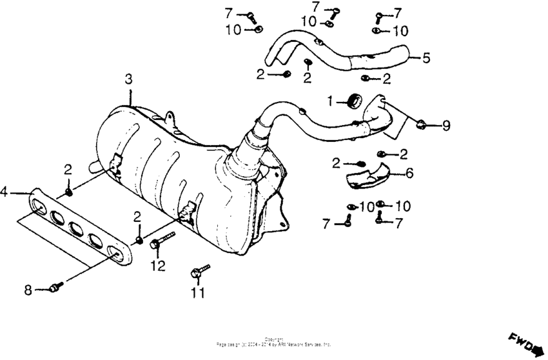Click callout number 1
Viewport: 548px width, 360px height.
(329, 101)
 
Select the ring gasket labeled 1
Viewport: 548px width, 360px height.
(353, 99)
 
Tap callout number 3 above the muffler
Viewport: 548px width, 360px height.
(128, 79)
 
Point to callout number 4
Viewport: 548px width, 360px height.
(5, 192)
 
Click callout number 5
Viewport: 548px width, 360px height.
(426, 57)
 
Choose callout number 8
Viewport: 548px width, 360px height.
(28, 290)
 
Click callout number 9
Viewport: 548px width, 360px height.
(446, 126)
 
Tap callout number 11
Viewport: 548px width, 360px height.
(197, 294)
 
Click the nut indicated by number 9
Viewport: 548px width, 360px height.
(420, 124)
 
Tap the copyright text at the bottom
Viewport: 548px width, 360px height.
(273, 341)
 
